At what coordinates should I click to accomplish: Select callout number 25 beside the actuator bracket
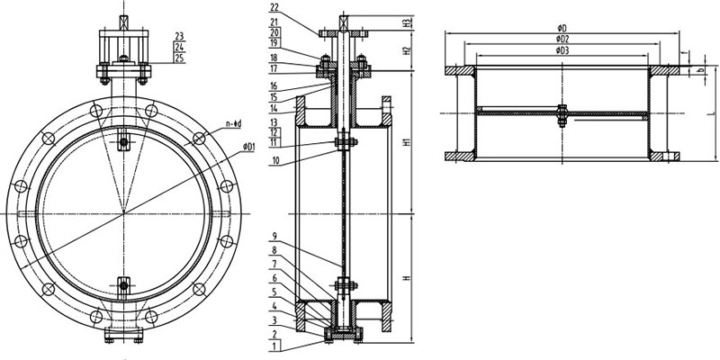181,58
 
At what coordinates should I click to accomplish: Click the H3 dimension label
407,21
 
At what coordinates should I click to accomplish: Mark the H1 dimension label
407,144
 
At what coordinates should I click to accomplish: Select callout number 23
181,36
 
